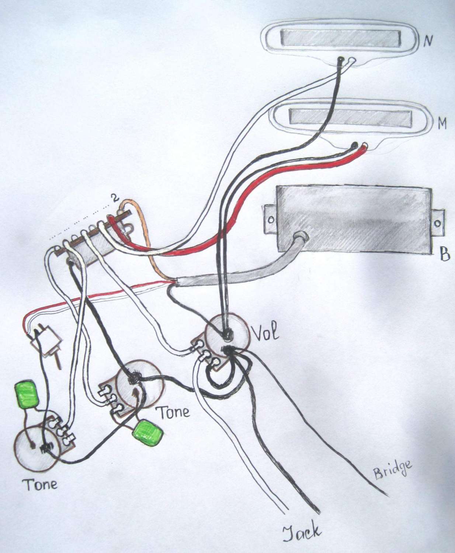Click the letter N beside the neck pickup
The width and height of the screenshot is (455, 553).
coord(428,41)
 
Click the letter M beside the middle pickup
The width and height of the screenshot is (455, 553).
coord(441,124)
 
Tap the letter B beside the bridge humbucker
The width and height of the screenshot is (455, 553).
coord(445,254)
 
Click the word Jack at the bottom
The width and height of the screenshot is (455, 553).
coord(301,533)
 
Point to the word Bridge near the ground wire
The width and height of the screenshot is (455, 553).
coord(392,469)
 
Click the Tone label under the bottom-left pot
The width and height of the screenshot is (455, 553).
coord(41,484)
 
